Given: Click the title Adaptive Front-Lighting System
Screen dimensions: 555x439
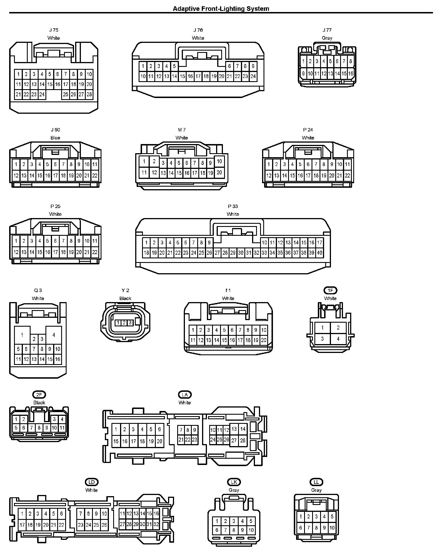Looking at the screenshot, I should pyautogui.click(x=221, y=9).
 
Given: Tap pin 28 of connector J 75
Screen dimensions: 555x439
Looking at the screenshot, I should pyautogui.click(x=89, y=94).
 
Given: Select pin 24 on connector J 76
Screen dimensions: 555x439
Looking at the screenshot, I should pyautogui.click(x=253, y=76).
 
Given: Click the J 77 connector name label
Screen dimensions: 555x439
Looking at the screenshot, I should pyautogui.click(x=327, y=30).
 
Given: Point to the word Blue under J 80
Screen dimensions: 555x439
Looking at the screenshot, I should pyautogui.click(x=55, y=138).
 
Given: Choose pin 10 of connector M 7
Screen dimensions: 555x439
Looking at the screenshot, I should pyautogui.click(x=219, y=161).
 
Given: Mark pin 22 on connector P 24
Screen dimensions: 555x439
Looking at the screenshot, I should pyautogui.click(x=347, y=175).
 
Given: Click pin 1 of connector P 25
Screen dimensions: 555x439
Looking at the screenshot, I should pyautogui.click(x=16, y=241).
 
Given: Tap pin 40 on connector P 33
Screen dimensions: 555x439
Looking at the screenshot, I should pyautogui.click(x=320, y=253).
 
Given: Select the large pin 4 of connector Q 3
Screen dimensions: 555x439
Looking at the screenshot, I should pyautogui.click(x=53, y=335).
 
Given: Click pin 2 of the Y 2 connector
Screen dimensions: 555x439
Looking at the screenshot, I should pyautogui.click(x=124, y=323).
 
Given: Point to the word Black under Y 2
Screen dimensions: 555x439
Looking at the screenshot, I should pyautogui.click(x=125, y=298).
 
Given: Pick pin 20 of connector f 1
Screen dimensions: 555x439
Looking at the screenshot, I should pyautogui.click(x=264, y=340).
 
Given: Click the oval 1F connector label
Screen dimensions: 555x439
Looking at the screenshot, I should pyautogui.click(x=330, y=290).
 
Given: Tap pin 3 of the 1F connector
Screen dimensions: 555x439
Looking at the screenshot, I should pyautogui.click(x=322, y=339).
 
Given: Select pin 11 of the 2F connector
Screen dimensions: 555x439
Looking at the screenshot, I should pyautogui.click(x=62, y=428).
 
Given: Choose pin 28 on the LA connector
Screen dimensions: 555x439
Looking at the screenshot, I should pyautogui.click(x=243, y=440).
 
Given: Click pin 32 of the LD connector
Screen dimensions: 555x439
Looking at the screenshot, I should pyautogui.click(x=156, y=524).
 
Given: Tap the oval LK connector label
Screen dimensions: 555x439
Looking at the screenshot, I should pyautogui.click(x=234, y=482).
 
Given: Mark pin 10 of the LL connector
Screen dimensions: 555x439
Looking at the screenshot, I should pyautogui.click(x=332, y=528).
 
